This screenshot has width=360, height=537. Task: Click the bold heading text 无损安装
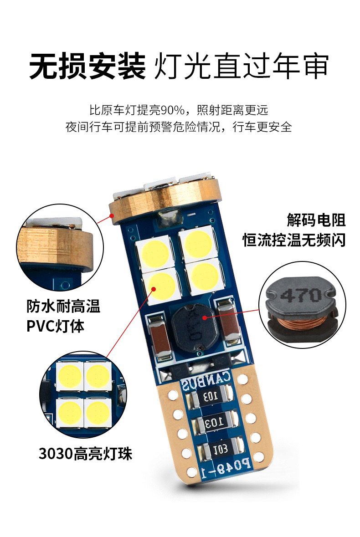tap(87, 66)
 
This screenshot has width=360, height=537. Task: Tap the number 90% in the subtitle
tap(172, 110)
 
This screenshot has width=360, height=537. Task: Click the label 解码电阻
tap(316, 220)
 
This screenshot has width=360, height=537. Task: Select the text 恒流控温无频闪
tap(294, 240)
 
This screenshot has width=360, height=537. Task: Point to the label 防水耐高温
tap(63, 306)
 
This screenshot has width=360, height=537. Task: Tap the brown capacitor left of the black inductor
tap(160, 338)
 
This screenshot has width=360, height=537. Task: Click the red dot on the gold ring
tap(111, 215)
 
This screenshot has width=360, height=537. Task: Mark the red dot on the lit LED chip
tap(154, 289)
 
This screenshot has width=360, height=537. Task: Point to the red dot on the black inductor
tap(205, 318)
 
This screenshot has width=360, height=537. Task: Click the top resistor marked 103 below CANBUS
tap(211, 397)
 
